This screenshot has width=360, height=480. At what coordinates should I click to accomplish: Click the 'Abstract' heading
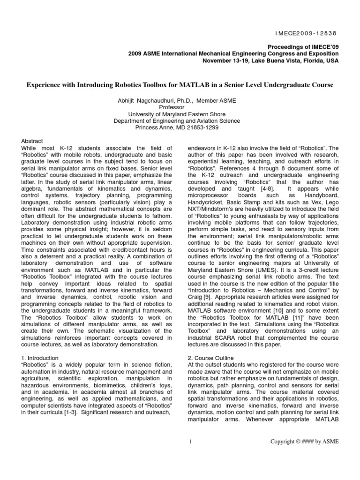coord(32,141)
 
